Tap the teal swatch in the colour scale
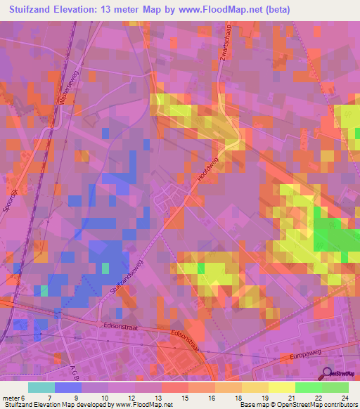(41, 387)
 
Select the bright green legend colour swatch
(308, 387)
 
